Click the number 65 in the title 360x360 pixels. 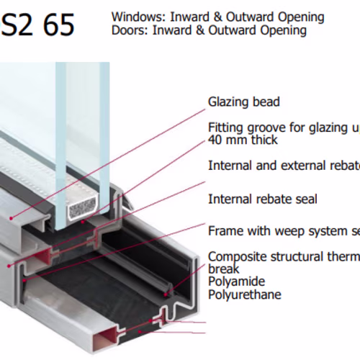(x=59, y=24)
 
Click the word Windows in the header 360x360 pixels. (x=139, y=17)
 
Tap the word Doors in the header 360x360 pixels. (x=130, y=30)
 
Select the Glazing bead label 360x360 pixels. (x=244, y=102)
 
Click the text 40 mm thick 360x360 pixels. (x=243, y=140)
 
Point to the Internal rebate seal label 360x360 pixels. (x=263, y=199)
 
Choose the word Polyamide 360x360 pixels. (x=236, y=282)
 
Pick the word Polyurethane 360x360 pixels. (x=245, y=294)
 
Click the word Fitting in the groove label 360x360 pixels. (x=225, y=127)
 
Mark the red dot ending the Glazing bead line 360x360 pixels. (x=11, y=218)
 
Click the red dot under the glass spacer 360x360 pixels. (x=83, y=222)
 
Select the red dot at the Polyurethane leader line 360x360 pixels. (x=140, y=331)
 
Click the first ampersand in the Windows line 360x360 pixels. (x=217, y=17)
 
